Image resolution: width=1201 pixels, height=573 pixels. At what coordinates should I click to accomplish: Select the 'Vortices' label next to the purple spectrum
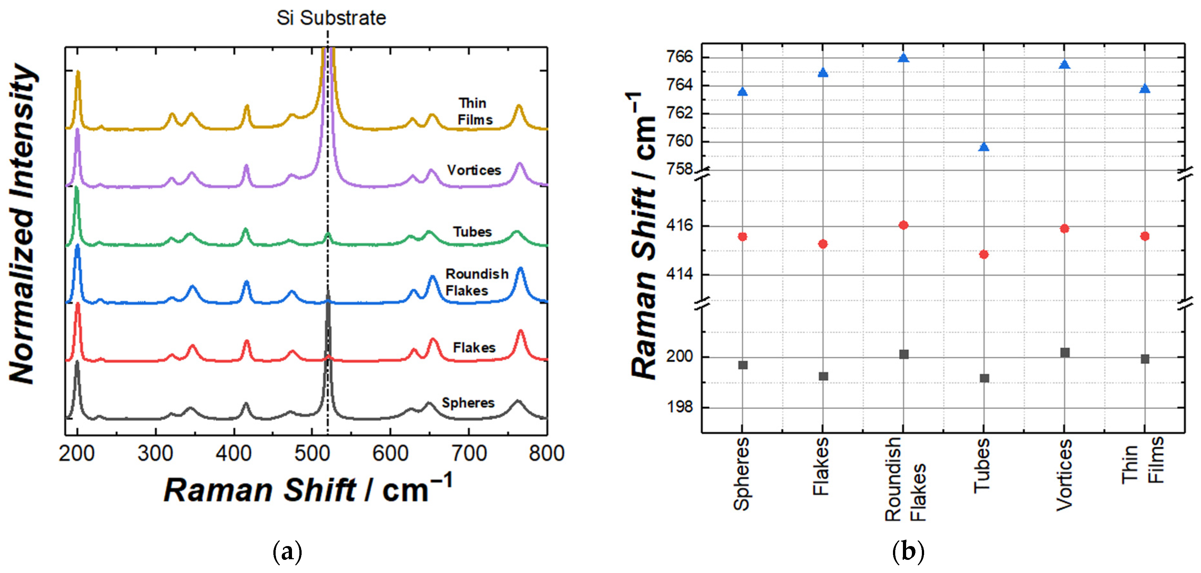(474, 170)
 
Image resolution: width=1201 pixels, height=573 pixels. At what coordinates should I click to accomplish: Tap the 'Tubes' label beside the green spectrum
(472, 232)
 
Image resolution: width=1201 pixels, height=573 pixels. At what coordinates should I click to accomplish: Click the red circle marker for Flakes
(823, 244)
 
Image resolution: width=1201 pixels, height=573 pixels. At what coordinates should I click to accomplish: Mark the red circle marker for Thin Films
(1145, 236)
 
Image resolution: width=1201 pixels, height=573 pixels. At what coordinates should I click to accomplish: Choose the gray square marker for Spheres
(743, 365)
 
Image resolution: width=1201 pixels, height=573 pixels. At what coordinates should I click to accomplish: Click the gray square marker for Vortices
(1064, 353)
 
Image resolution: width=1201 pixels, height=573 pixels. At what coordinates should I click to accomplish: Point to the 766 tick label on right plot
(680, 57)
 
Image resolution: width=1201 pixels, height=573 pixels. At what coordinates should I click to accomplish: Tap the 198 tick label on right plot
(680, 407)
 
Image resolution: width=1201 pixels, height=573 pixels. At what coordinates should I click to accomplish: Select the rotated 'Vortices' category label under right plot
(1064, 475)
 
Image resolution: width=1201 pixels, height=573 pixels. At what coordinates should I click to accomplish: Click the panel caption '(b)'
(908, 552)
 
